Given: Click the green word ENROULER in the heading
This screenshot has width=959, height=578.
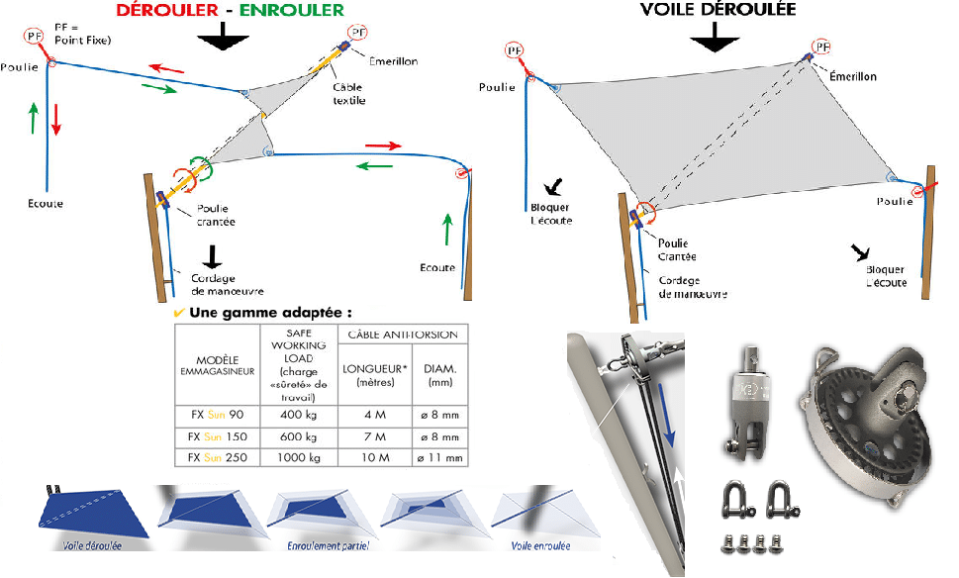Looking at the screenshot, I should point(297,11).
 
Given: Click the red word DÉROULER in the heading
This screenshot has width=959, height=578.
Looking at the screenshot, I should point(167,11).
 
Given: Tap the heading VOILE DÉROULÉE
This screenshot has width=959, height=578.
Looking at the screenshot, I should point(719,10).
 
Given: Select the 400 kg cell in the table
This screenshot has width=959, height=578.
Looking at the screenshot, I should point(299,414).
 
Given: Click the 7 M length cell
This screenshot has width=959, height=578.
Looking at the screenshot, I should point(372,435).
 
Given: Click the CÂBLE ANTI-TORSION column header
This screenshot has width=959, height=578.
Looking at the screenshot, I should point(403,335).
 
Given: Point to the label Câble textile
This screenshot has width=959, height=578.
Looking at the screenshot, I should point(348,94).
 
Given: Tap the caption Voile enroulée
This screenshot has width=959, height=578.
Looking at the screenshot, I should point(541,545).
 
